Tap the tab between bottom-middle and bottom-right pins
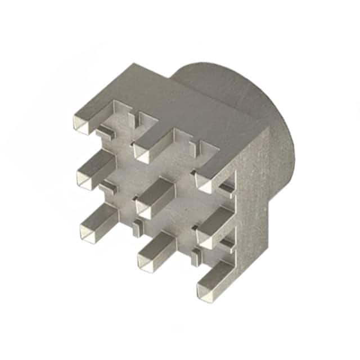tap(193, 256)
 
